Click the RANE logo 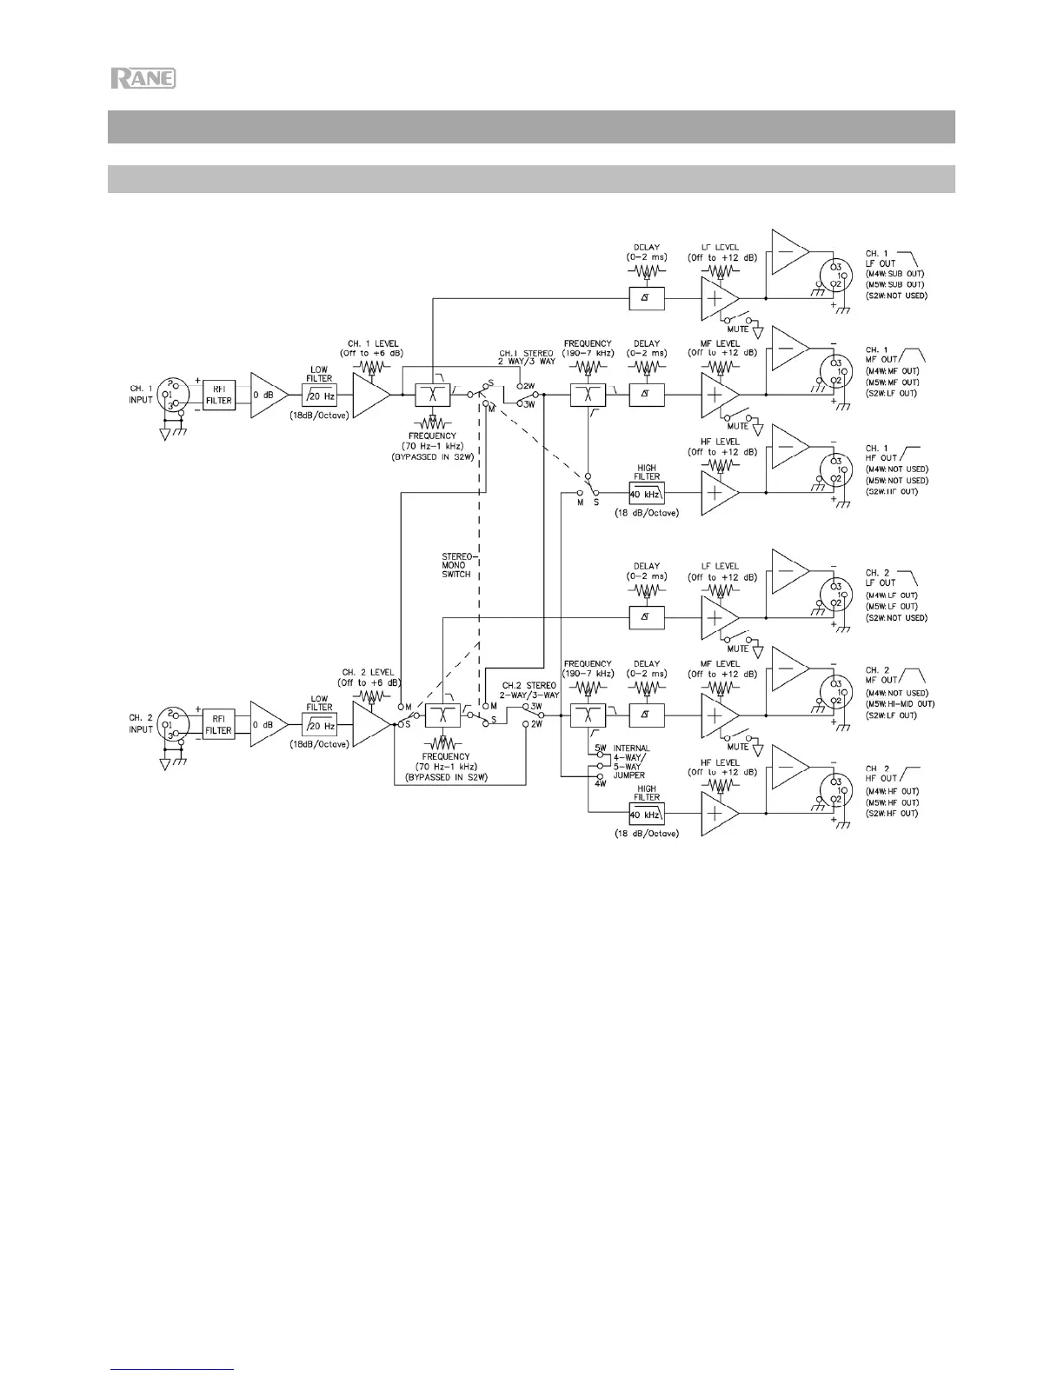pos(143,78)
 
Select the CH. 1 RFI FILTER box pos(219,395)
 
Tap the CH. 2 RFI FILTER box pos(219,724)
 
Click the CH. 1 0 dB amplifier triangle pos(267,395)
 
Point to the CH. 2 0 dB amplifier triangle pos(267,724)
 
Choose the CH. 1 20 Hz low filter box pos(320,396)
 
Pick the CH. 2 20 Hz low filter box pos(320,725)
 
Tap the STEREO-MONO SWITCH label pos(456,565)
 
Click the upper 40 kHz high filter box pos(647,493)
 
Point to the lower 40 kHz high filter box pos(647,814)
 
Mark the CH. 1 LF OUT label pos(881,258)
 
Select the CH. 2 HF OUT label pos(881,774)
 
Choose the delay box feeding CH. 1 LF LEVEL pos(647,298)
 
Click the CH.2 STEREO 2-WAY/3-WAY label pos(529,690)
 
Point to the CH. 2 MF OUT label pos(881,675)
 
